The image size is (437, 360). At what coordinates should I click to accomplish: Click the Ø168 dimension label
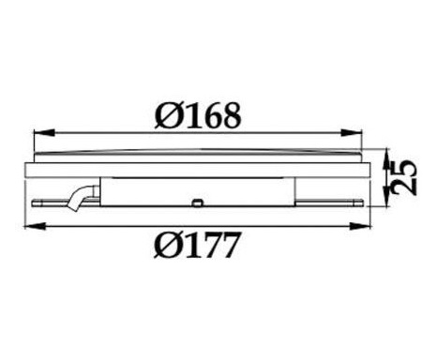pos(198,115)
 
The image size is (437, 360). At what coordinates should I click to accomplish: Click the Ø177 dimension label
pos(198,245)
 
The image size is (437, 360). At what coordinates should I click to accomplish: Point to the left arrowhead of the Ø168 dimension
pos(43,132)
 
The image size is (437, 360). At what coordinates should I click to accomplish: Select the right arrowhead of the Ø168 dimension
pos(352,132)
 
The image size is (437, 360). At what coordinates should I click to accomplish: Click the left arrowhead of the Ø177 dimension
pos(35,226)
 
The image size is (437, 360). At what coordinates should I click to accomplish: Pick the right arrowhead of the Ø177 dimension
pos(359,226)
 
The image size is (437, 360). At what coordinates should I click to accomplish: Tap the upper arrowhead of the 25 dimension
pos(386,159)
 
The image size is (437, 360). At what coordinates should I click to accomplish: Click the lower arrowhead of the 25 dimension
pos(386,196)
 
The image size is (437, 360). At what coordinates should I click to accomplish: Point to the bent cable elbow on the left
pos(80,198)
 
